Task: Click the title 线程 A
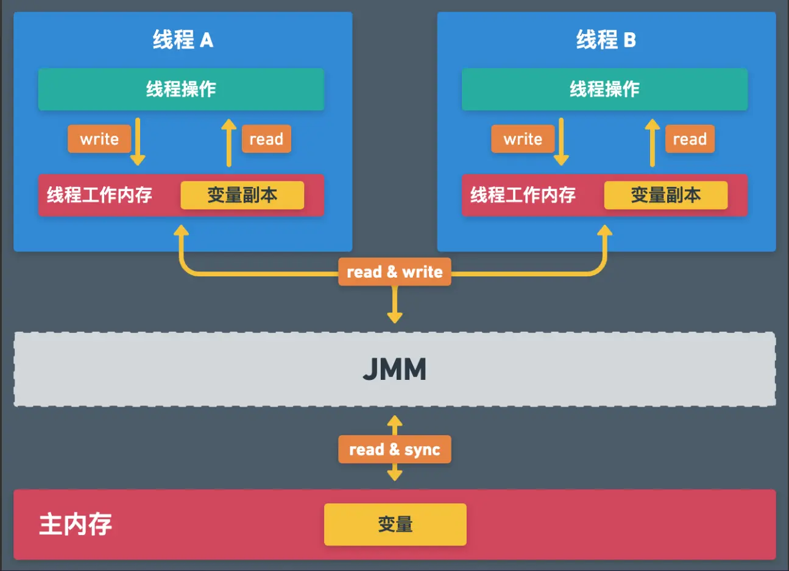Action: coord(183,40)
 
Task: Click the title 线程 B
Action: coord(606,40)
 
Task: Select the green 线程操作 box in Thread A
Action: coord(181,89)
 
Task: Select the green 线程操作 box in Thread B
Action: coord(604,89)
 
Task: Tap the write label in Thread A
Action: coord(99,139)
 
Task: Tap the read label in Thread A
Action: coord(266,139)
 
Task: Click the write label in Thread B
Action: coord(523,139)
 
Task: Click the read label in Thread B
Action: coord(690,139)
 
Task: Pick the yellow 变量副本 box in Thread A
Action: coord(242,195)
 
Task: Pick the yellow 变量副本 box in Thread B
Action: coord(665,195)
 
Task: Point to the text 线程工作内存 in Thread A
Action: coord(99,195)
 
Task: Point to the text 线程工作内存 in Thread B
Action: coord(523,195)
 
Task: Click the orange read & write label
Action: coord(394,271)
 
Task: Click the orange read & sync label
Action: coord(394,449)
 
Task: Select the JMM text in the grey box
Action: coord(394,369)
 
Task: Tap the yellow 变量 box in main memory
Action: coord(395,524)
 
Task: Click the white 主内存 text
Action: coord(76,524)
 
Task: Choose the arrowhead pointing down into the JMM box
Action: coord(395,317)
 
